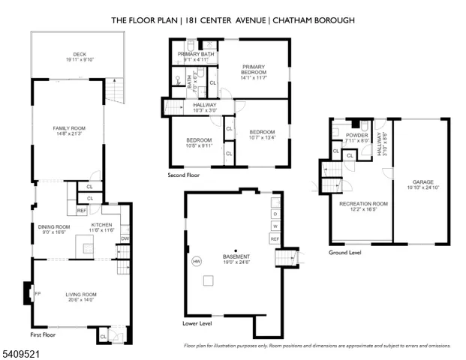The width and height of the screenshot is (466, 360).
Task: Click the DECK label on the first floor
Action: click(72, 53)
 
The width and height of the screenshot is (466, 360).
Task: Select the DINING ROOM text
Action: click(53, 226)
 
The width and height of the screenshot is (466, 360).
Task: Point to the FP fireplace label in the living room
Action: click(37, 293)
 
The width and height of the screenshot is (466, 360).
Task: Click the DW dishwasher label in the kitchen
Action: click(125, 238)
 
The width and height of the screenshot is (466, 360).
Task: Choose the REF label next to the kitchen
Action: click(82, 211)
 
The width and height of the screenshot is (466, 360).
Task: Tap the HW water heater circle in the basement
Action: click(197, 262)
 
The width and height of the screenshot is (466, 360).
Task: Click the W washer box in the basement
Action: click(275, 226)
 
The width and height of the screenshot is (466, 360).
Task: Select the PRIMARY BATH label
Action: click(196, 54)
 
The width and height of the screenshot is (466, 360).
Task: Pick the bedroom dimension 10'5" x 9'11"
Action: click(199, 146)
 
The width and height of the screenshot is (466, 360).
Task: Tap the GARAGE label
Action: click(423, 181)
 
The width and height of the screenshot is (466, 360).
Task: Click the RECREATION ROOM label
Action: click(363, 203)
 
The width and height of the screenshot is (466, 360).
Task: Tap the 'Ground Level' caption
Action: click(345, 253)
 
